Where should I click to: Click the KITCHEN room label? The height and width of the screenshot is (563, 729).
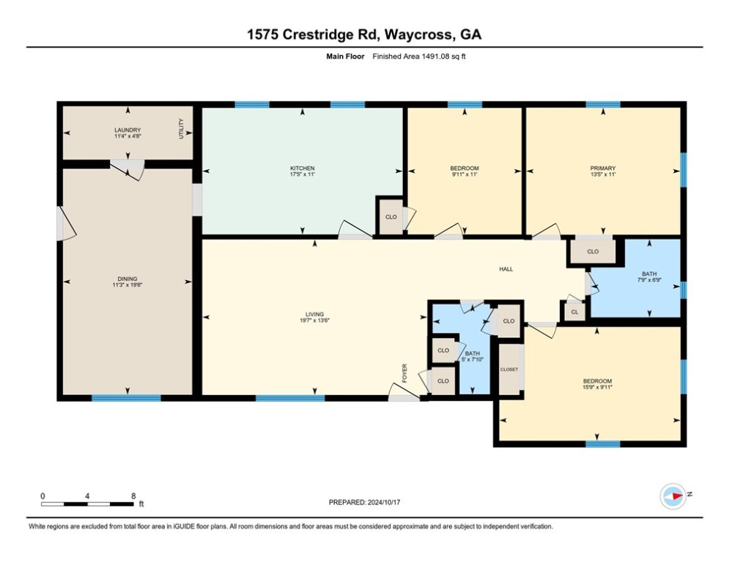point(302,168)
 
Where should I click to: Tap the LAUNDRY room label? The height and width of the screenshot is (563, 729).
point(127,130)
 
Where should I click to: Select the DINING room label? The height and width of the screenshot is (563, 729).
point(127,279)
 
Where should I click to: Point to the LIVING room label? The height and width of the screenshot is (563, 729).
point(314,314)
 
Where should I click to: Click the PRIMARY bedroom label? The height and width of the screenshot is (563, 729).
point(603,168)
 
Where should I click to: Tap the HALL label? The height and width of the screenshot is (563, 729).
point(506,269)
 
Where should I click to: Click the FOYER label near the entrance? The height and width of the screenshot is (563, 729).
point(404,373)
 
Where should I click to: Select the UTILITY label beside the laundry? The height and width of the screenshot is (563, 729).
point(181,129)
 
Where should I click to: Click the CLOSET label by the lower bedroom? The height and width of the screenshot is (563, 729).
point(509,369)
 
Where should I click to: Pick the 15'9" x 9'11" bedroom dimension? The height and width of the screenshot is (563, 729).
point(597,386)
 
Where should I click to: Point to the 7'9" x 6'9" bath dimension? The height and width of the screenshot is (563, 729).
point(649,280)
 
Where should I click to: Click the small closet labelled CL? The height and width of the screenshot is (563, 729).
point(574,312)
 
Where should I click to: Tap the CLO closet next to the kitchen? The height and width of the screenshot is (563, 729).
point(391,217)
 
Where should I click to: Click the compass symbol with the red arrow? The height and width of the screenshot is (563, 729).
point(673,496)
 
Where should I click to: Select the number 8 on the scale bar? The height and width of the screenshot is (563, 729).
point(133,496)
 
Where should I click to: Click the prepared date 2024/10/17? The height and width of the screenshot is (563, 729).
point(384,502)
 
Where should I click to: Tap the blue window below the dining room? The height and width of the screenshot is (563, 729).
point(126,398)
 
